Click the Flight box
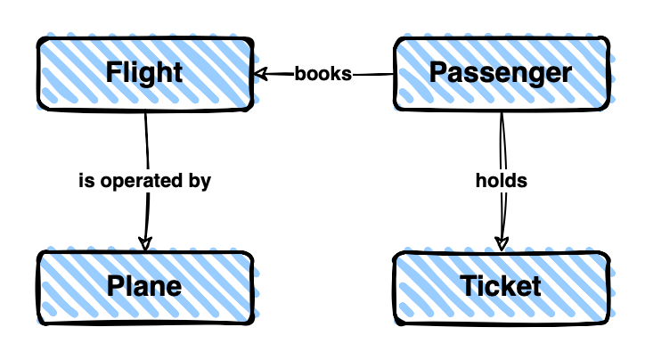pos(143,72)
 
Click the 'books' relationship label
pos(322,73)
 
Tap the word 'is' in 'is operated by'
pos(86,181)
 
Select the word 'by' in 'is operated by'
pos(200,181)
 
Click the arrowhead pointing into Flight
pos(260,74)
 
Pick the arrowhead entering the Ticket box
pos(502,242)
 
